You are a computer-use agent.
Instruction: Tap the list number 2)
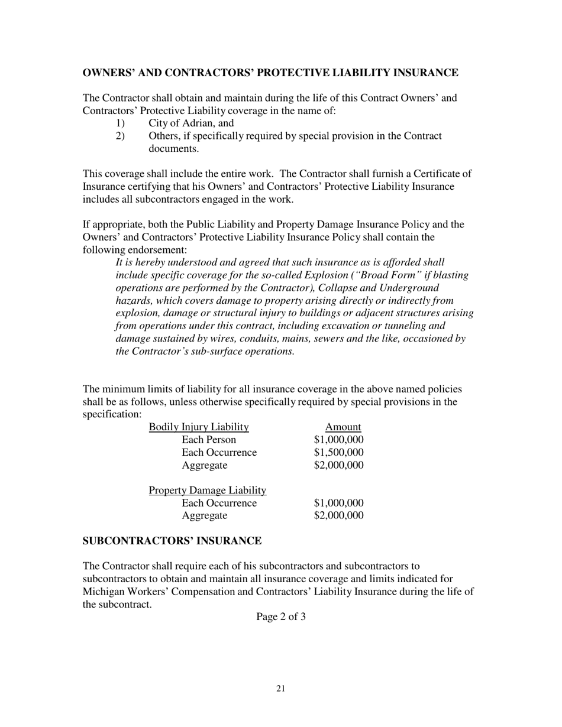tap(121, 136)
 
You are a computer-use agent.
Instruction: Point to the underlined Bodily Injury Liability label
tap(199, 427)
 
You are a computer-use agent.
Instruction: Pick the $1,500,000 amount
tap(338, 452)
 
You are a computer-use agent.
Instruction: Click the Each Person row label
tap(209, 440)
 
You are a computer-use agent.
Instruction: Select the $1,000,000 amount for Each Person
tap(338, 440)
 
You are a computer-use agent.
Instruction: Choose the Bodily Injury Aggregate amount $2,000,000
tap(338, 465)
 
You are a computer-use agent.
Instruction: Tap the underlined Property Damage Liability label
tap(207, 491)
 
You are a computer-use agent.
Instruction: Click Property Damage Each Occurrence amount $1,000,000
tap(338, 503)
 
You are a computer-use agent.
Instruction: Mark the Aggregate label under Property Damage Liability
tap(205, 516)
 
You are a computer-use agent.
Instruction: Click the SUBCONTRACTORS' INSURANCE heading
tap(172, 541)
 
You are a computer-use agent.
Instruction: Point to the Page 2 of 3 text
tap(281, 617)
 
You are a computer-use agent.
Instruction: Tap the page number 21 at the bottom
tap(281, 689)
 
